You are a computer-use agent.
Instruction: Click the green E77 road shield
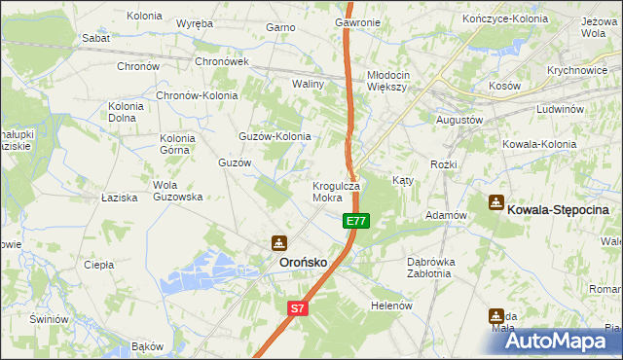point(356,222)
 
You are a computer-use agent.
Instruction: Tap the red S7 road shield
point(298,308)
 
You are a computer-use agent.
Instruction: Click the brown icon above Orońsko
point(278,242)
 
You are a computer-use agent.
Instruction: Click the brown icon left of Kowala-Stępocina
point(495,202)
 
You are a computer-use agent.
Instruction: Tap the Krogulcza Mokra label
point(336,191)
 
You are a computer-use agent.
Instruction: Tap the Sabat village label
point(95,38)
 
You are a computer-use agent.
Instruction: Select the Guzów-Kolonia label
point(275,136)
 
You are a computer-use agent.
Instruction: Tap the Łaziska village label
point(120,198)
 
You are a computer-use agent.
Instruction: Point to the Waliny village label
point(308,84)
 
